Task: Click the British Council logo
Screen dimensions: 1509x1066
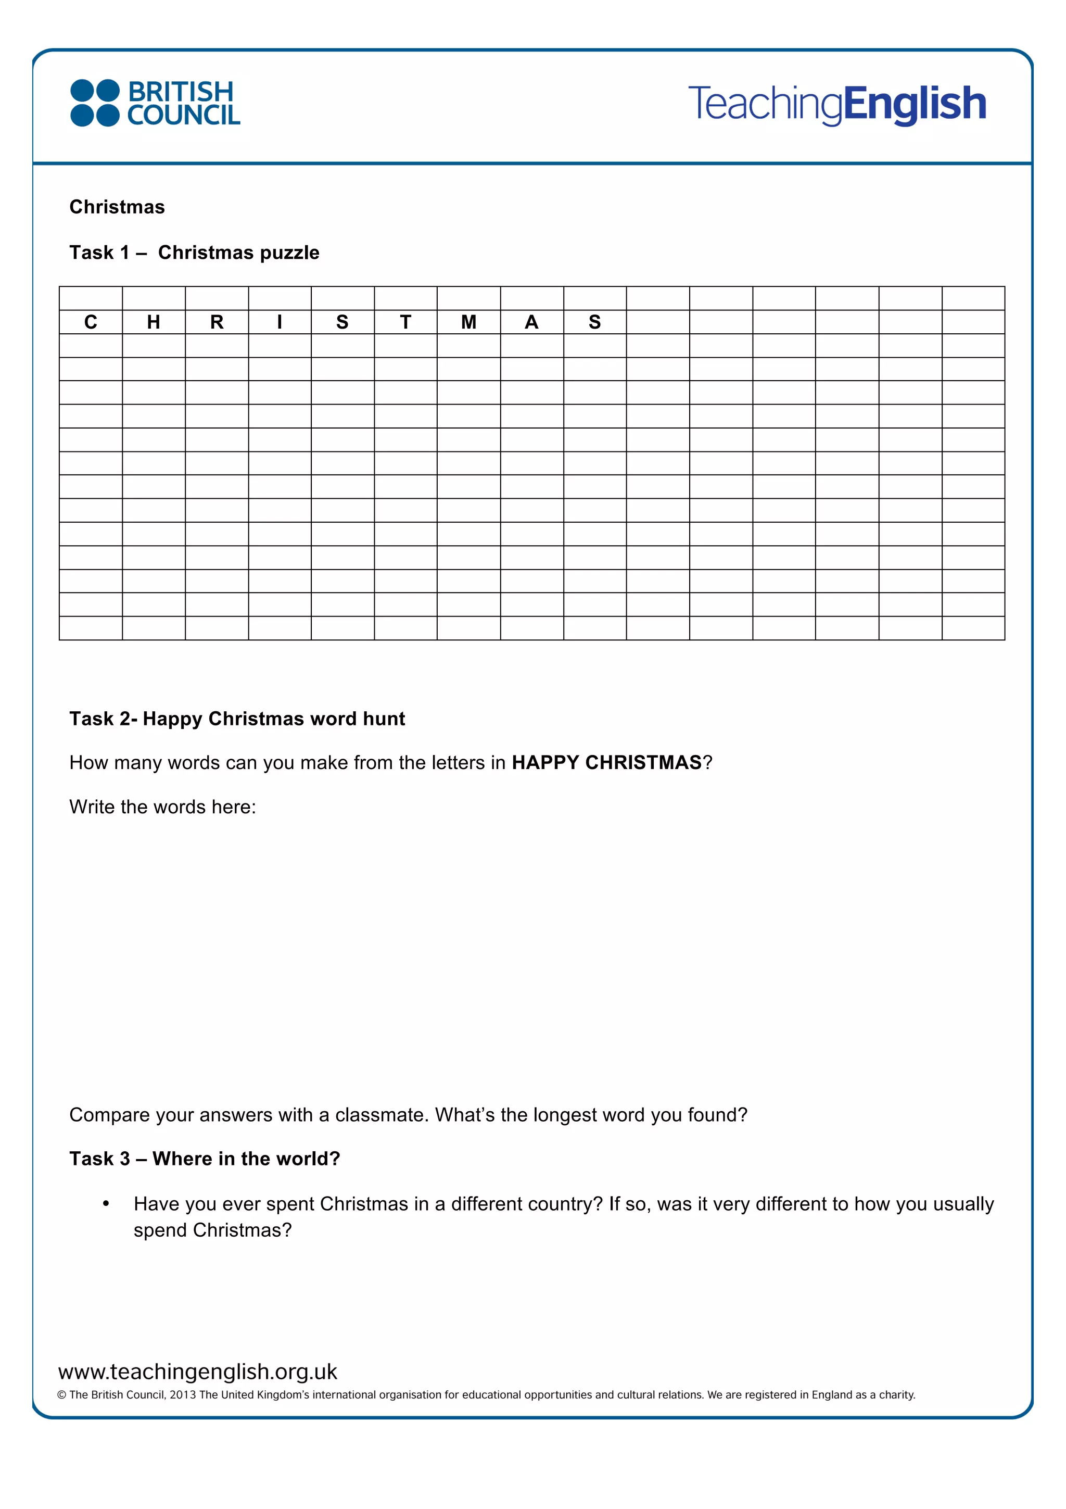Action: pyautogui.click(x=155, y=103)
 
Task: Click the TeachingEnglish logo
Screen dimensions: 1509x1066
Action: pyautogui.click(x=837, y=104)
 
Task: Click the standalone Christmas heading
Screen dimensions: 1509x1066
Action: pyautogui.click(x=117, y=207)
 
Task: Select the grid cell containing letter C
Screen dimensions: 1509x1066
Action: pyautogui.click(x=91, y=322)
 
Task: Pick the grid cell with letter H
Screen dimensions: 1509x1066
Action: pyautogui.click(x=154, y=322)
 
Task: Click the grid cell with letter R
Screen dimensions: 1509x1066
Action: pyautogui.click(x=217, y=322)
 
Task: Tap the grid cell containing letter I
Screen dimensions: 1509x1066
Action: pyautogui.click(x=280, y=322)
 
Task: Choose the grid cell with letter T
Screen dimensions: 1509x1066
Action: pyautogui.click(x=405, y=322)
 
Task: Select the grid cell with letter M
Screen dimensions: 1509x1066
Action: pyautogui.click(x=468, y=322)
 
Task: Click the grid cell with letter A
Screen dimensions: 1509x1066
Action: pyautogui.click(x=531, y=322)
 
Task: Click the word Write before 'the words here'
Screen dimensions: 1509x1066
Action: pyautogui.click(x=93, y=807)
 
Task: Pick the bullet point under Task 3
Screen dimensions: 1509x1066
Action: pyautogui.click(x=106, y=1203)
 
